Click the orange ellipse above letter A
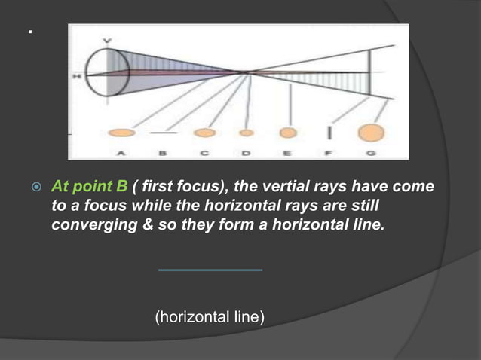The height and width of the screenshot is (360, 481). click(x=122, y=133)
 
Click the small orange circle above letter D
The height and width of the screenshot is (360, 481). click(x=246, y=133)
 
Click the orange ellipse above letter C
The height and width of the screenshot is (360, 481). click(x=204, y=133)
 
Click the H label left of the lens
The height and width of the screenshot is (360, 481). click(x=76, y=76)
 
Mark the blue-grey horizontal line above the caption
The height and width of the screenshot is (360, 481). click(x=210, y=270)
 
